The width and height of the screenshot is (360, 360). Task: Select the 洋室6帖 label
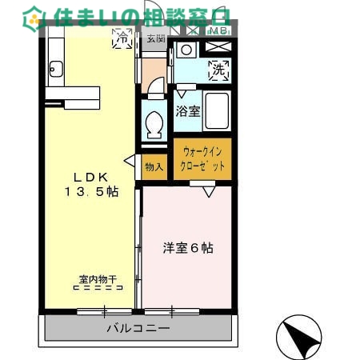tap(188, 248)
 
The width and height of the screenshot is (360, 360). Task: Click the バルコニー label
tap(138, 328)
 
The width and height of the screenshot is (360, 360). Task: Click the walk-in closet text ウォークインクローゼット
tap(203, 158)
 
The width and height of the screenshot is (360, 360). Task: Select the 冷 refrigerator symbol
tap(123, 37)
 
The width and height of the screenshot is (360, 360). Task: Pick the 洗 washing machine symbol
tap(218, 70)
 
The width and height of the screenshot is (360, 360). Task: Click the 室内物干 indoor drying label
tap(98, 280)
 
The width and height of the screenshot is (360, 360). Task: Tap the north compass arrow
tap(301, 338)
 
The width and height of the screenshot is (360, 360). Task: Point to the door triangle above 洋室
tap(208, 192)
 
